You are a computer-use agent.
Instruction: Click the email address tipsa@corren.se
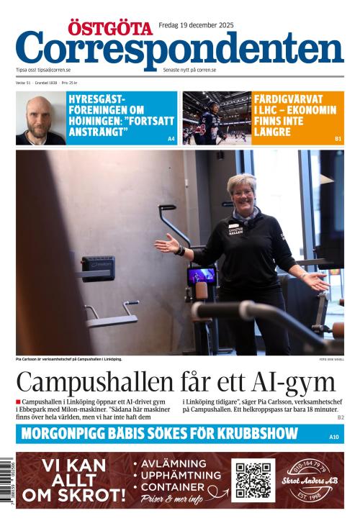(55, 70)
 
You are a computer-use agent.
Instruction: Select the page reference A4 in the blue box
(171, 138)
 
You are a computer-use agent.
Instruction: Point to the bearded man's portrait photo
(40, 118)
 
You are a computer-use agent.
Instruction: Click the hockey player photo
(215, 118)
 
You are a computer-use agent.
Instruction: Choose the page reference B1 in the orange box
(338, 138)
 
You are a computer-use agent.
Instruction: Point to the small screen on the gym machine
(202, 276)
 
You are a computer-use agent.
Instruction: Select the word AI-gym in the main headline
(296, 382)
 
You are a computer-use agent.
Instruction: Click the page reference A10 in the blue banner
(333, 437)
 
